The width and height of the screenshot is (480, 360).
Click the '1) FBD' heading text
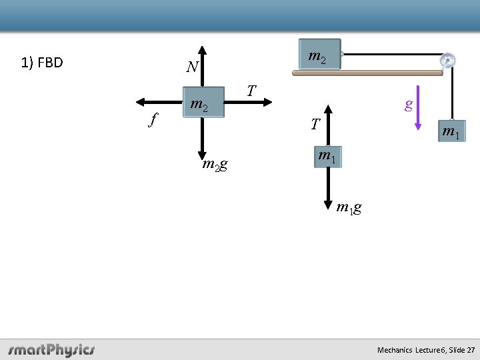(x=42, y=63)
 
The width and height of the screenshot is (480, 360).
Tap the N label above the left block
(x=192, y=67)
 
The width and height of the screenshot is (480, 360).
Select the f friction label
(x=154, y=120)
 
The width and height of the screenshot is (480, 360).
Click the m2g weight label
(x=215, y=165)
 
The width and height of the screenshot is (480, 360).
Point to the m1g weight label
(x=349, y=207)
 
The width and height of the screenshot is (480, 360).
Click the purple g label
(x=409, y=104)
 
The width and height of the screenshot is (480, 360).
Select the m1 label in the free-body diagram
(x=326, y=156)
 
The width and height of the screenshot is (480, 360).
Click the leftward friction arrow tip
(x=137, y=101)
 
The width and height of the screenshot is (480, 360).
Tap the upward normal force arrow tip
(x=203, y=48)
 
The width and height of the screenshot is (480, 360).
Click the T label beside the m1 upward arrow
(x=315, y=124)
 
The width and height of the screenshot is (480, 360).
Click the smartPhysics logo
(x=51, y=349)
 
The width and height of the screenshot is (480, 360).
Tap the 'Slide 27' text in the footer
(x=462, y=350)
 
